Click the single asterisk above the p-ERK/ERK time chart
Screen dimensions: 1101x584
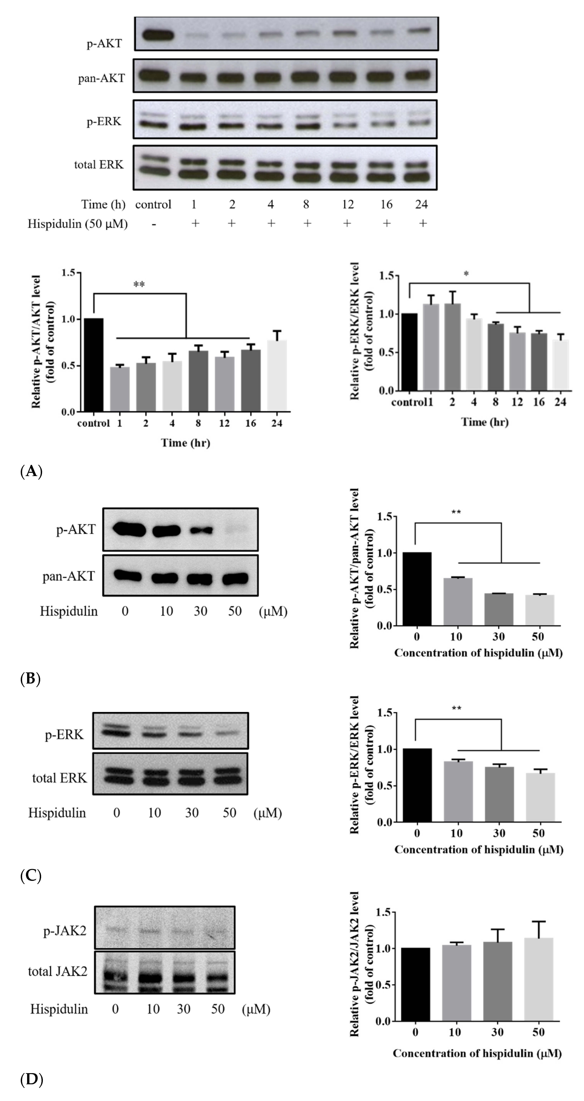(466, 274)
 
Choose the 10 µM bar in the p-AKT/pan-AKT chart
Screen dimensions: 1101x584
(457, 601)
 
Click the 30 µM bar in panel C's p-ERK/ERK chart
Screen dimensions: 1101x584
(499, 794)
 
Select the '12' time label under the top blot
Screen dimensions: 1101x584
(348, 204)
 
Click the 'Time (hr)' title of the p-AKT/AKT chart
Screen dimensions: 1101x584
(186, 443)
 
